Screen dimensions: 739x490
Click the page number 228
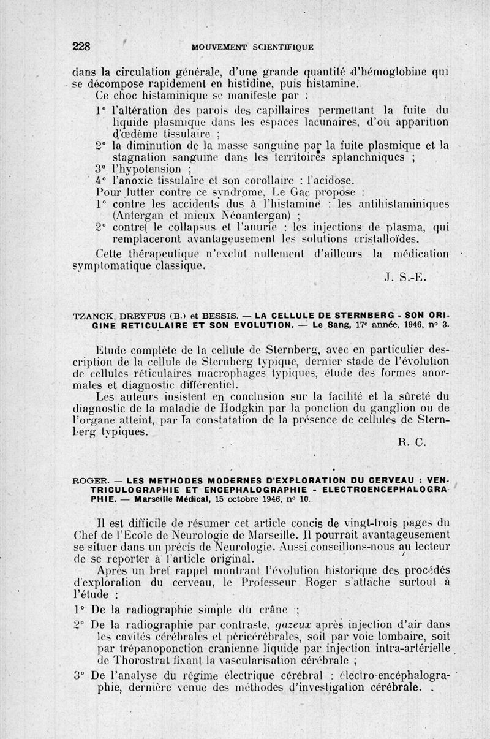click(x=81, y=45)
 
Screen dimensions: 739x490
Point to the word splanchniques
click(x=369, y=157)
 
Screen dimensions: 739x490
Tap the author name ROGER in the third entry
click(x=90, y=480)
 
